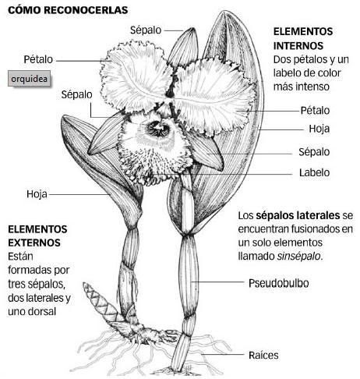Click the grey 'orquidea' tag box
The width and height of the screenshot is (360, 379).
[29, 78]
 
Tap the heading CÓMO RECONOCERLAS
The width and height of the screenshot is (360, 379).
[68, 10]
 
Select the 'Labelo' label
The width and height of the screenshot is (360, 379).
[314, 172]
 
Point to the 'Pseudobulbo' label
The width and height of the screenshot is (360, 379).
[279, 283]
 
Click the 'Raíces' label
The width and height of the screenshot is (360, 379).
[263, 355]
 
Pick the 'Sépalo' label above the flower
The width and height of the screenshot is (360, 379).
[146, 30]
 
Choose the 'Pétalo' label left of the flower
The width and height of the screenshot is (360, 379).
[38, 59]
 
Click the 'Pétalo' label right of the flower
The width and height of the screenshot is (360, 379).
[315, 111]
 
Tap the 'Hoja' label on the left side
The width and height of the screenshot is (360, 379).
[37, 194]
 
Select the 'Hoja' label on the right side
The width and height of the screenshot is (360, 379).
[319, 129]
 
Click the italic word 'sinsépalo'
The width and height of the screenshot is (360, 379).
[298, 257]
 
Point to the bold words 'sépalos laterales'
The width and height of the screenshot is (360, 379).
[298, 215]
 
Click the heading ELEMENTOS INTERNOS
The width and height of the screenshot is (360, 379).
[303, 39]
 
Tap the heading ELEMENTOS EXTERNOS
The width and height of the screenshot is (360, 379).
[37, 236]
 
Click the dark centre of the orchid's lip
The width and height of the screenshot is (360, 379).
[157, 129]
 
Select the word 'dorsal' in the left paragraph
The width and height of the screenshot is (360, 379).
[42, 311]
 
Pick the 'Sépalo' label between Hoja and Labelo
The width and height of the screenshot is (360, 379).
[314, 152]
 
